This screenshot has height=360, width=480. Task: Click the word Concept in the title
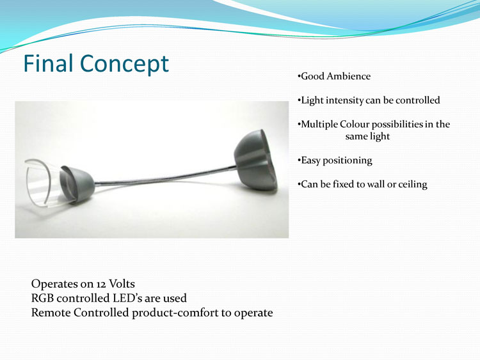(124, 64)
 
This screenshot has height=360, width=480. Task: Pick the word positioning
(348, 160)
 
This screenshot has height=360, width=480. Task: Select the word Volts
(122, 284)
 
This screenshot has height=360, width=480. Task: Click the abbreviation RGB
(42, 298)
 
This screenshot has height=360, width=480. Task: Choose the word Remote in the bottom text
(51, 313)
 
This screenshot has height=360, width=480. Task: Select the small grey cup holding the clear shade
(77, 184)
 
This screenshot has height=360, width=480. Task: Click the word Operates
(55, 285)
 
